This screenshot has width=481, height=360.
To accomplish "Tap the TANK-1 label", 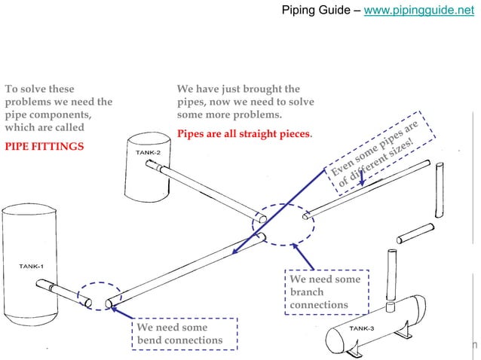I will tap(31, 267).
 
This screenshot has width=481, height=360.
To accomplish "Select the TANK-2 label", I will tap(147, 153).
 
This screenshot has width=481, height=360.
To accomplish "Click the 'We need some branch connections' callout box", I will tap(327, 291).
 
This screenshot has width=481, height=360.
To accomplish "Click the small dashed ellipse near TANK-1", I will tap(99, 295).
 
